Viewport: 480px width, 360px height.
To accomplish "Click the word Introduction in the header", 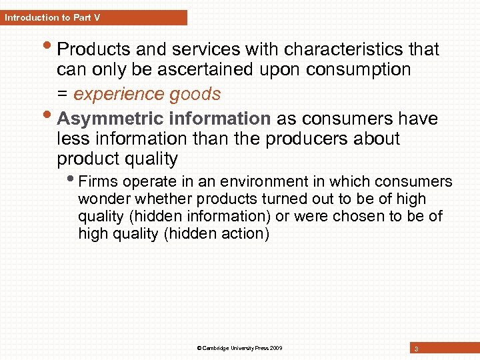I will tap(28, 17).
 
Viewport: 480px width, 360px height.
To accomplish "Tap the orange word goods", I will tap(195, 94).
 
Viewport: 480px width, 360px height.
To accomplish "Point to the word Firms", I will tap(97, 181).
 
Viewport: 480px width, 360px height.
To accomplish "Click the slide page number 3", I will tap(416, 349).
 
